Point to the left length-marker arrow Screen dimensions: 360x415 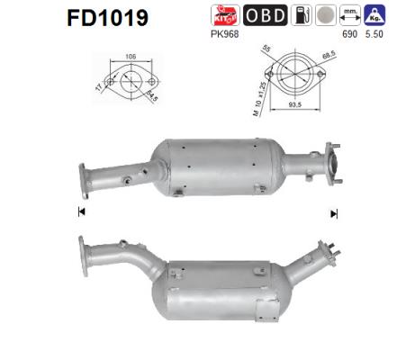point(81,212)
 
